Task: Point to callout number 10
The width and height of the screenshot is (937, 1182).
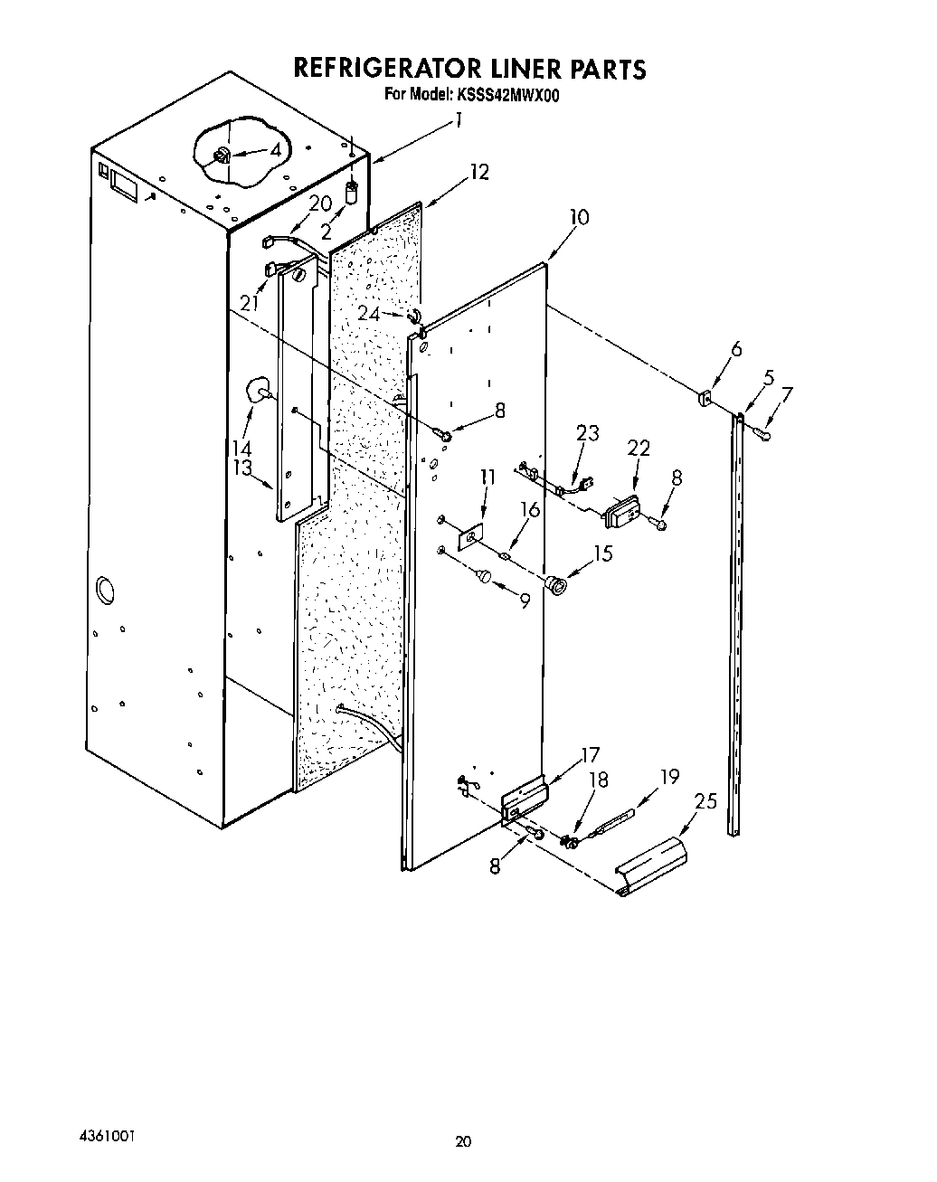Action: [579, 217]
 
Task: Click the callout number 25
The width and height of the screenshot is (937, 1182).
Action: [705, 800]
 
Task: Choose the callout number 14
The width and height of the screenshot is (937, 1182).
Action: [241, 448]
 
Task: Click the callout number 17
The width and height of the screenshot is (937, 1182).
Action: [590, 755]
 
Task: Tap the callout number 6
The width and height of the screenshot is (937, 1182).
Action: [736, 350]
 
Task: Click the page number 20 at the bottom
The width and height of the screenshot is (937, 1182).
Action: [463, 1142]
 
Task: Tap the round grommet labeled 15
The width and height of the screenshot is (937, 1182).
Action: [554, 586]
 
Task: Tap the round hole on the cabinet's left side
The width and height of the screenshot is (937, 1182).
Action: [106, 589]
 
